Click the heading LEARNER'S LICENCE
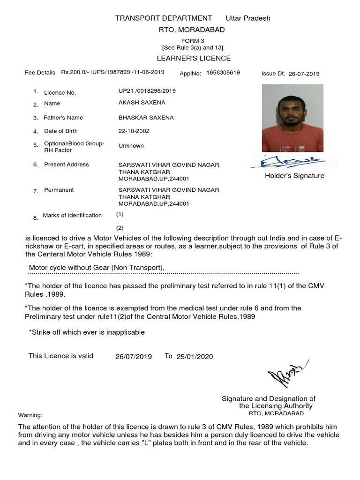click(193, 58)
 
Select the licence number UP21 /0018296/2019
click(147, 91)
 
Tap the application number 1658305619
click(223, 73)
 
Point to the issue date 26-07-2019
click(304, 74)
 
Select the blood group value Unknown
click(131, 146)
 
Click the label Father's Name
click(63, 118)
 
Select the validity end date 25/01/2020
click(195, 357)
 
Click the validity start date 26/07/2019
click(134, 357)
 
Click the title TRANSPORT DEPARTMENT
click(164, 18)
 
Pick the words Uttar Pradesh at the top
click(248, 18)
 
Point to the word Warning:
click(30, 415)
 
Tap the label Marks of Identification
click(72, 216)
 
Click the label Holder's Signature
click(294, 176)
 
